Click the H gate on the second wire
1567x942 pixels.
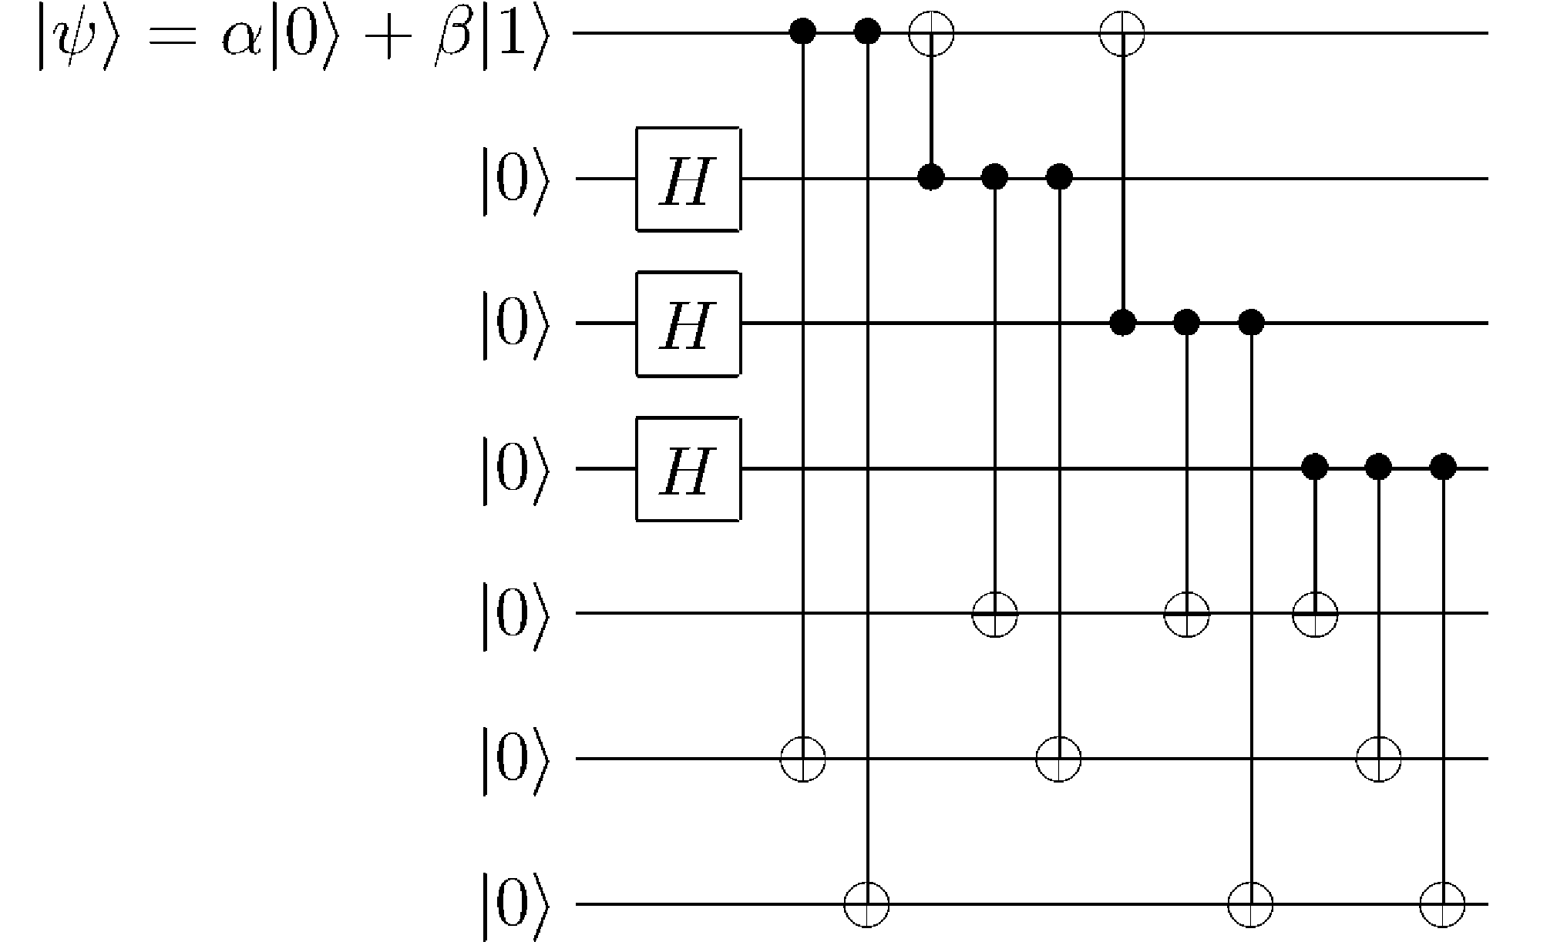pyautogui.click(x=688, y=179)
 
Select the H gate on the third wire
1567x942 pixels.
pyautogui.click(x=688, y=323)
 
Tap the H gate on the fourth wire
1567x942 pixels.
pyautogui.click(x=688, y=469)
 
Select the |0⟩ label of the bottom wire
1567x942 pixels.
pyautogui.click(x=516, y=905)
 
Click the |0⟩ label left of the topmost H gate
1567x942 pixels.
pyautogui.click(x=516, y=179)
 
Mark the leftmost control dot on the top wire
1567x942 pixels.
pyautogui.click(x=804, y=32)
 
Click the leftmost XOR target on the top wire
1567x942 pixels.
pyautogui.click(x=931, y=33)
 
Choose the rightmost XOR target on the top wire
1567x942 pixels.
pyautogui.click(x=1122, y=33)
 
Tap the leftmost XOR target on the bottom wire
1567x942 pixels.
pyautogui.click(x=867, y=903)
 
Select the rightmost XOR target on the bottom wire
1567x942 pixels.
pyautogui.click(x=1442, y=903)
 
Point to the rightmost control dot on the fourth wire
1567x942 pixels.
pyautogui.click(x=1442, y=466)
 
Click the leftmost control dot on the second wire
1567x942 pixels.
pyautogui.click(x=931, y=176)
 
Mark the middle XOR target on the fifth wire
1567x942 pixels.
pyautogui.click(x=1186, y=614)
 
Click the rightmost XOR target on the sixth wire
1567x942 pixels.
pyautogui.click(x=1378, y=759)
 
